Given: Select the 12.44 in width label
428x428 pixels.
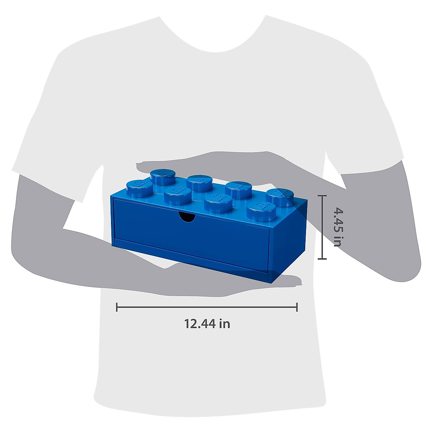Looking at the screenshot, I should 207,324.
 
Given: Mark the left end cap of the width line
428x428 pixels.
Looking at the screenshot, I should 117,307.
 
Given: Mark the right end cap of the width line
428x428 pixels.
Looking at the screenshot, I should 297,307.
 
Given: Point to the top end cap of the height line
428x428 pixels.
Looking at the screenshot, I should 322,196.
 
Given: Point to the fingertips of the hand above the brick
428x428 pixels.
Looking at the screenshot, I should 143,167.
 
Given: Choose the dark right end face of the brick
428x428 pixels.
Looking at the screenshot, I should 282,246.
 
